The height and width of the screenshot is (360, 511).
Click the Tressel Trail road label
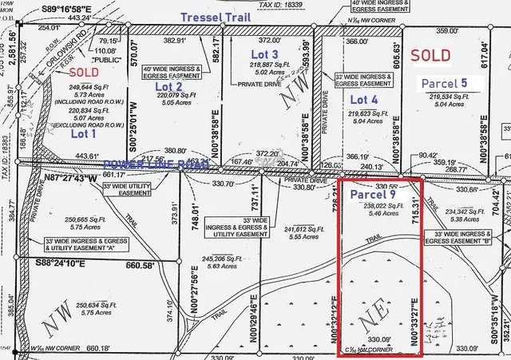209,17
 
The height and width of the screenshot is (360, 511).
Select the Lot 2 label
168,86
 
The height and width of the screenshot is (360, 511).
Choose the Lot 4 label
363,100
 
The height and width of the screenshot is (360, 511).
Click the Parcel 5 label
445,82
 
